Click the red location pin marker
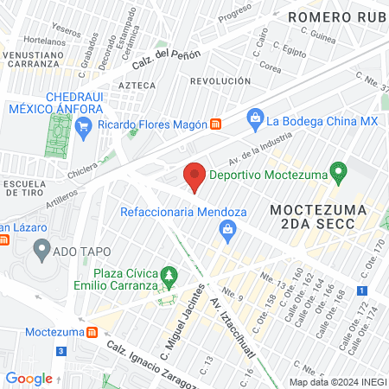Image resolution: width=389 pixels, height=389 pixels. (195, 177)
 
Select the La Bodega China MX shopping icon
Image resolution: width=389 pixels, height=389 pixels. (255, 118)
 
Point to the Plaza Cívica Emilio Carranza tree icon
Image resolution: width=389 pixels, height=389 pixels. (170, 277)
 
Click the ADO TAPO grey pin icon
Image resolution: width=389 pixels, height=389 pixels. (41, 251)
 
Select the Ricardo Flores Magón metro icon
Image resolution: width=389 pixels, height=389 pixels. (216, 124)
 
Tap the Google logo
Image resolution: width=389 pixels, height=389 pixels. (29, 379)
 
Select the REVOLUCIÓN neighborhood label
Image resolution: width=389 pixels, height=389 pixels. (220, 80)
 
